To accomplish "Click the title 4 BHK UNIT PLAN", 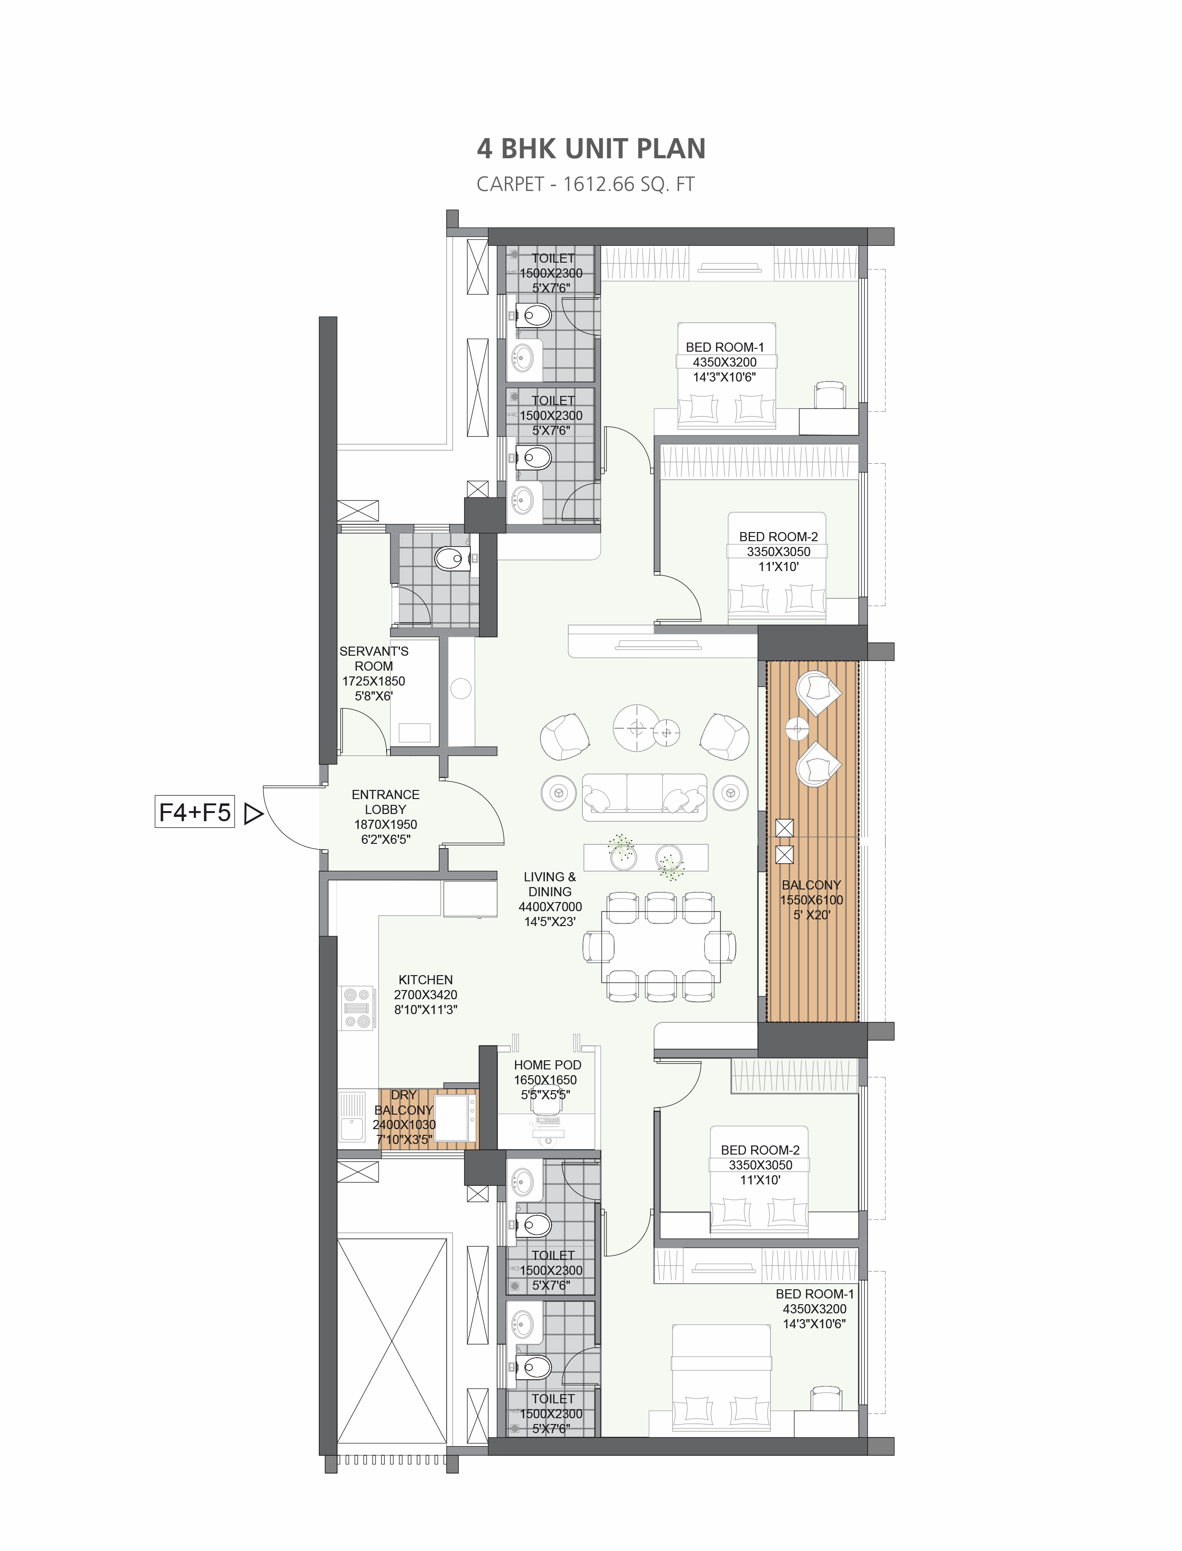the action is tap(591, 149).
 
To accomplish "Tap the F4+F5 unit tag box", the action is tap(195, 813).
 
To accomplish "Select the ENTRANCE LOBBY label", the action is tap(386, 802).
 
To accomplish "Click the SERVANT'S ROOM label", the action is tap(374, 659).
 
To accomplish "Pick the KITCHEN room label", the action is tap(426, 979).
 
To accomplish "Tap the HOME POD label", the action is tap(547, 1065).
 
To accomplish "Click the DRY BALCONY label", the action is tap(404, 1102).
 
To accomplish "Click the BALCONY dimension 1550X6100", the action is tap(811, 900).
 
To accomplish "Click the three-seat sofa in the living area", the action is tap(644, 797).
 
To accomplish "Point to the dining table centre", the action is tap(661, 946).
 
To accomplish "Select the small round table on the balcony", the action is tap(797, 728).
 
